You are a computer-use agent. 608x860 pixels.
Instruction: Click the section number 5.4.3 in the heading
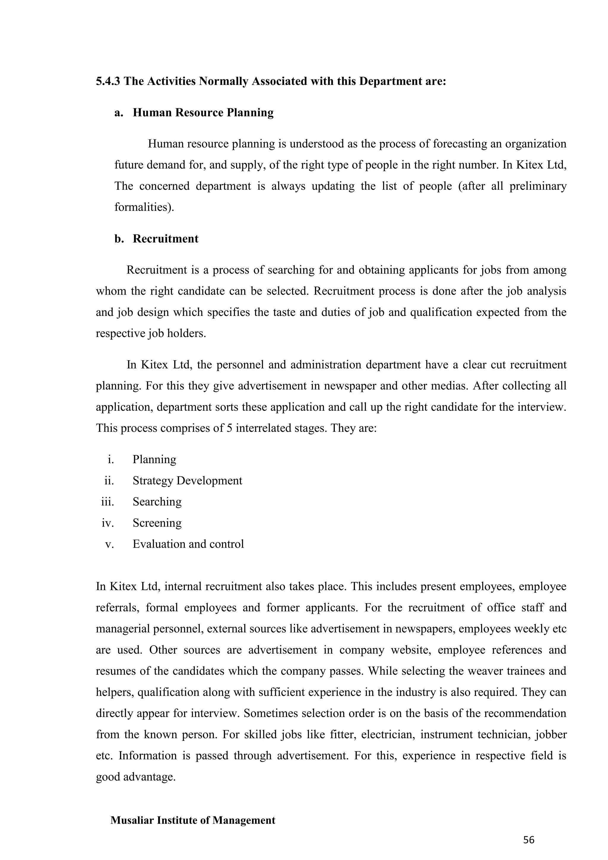108,81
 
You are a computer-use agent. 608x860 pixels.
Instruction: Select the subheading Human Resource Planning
203,113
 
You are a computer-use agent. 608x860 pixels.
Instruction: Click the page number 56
529,840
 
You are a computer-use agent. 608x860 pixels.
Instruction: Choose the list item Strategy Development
187,480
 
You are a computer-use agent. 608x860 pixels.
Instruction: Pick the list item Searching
157,502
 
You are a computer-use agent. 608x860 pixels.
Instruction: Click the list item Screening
157,523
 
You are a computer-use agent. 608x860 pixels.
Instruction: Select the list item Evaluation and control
188,544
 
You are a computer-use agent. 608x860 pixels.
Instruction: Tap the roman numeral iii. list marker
107,502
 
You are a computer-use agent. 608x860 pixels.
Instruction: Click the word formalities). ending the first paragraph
144,207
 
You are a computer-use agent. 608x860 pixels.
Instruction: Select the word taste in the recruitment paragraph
284,312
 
